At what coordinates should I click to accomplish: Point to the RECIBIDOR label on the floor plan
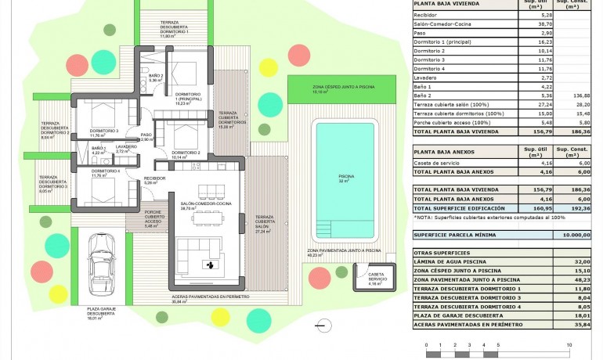154,178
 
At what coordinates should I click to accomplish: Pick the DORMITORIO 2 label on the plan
186,152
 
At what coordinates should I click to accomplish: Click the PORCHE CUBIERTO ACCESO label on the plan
153,217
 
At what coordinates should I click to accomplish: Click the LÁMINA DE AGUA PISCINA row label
457,262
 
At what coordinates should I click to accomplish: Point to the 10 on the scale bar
570,344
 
